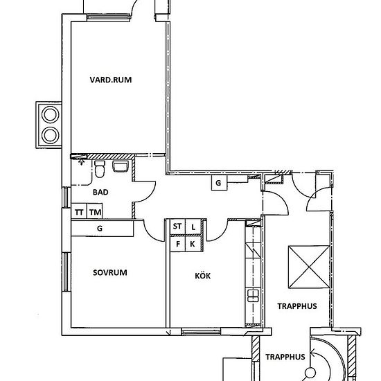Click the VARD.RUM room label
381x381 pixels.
click(x=111, y=80)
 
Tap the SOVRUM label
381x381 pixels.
click(x=110, y=272)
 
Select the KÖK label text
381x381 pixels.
click(x=203, y=276)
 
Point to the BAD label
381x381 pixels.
click(x=100, y=192)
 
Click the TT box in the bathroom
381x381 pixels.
click(x=79, y=211)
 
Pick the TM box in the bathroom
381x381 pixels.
click(x=94, y=211)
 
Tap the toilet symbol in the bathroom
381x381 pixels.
click(x=100, y=169)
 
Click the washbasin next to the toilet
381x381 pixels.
click(x=121, y=167)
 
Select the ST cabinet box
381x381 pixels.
click(x=177, y=227)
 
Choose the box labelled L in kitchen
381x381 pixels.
click(x=193, y=227)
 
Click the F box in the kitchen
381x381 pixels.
click(x=177, y=244)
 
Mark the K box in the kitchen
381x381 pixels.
click(x=193, y=244)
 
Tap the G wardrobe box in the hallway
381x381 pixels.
click(x=219, y=182)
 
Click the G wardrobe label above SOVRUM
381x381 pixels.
click(x=100, y=229)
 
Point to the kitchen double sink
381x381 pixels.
click(x=253, y=296)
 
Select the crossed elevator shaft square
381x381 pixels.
click(x=309, y=267)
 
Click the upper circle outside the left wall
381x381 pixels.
click(x=51, y=114)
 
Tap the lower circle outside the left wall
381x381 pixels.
click(x=51, y=135)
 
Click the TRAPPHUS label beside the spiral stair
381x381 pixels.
click(x=285, y=357)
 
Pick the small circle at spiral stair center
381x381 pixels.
click(x=310, y=372)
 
